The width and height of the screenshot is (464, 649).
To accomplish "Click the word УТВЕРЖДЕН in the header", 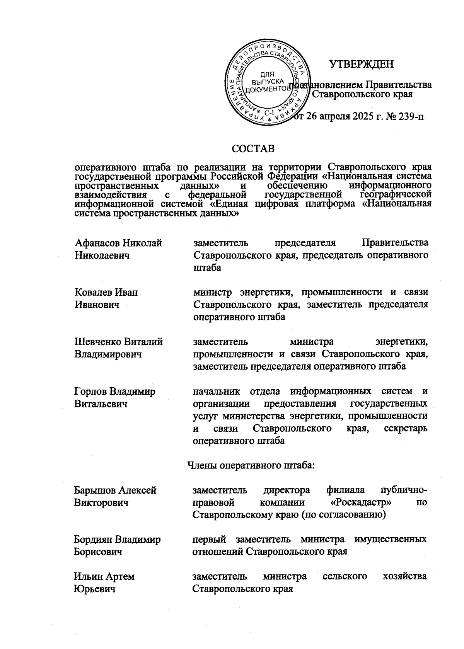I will [361, 64].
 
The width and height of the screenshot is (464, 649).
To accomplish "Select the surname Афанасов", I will [97, 243].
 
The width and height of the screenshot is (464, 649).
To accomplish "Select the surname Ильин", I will [87, 576].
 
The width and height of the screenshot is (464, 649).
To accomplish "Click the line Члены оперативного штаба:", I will [251, 465].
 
